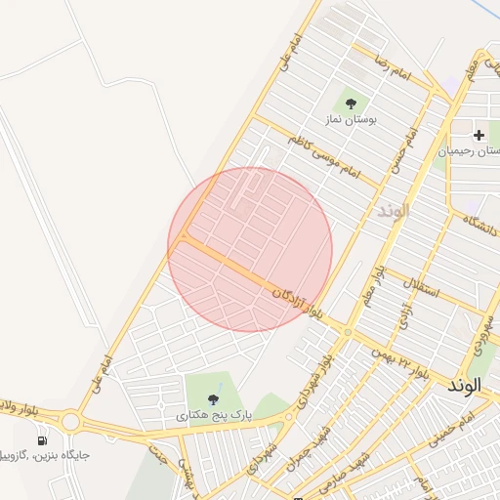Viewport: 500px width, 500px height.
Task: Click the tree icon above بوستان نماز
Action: (350, 101)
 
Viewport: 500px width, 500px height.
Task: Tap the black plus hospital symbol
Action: (479, 135)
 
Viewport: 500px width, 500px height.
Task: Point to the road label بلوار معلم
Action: (368, 284)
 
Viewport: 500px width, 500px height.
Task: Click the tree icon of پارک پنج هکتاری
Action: (214, 397)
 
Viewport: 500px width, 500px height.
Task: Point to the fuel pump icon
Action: (42, 439)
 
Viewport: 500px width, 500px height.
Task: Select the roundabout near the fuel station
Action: (70, 423)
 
